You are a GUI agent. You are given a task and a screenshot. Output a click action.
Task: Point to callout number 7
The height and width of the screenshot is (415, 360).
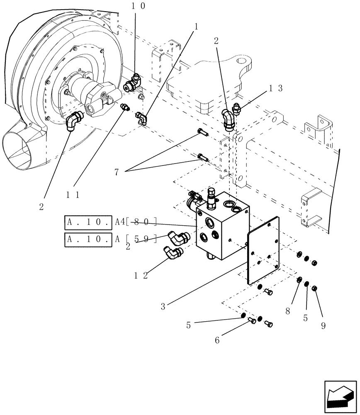(x=117, y=171)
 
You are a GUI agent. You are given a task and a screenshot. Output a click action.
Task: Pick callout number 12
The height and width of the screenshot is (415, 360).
(x=141, y=276)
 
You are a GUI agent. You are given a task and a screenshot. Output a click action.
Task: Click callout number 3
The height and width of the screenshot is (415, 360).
(x=163, y=307)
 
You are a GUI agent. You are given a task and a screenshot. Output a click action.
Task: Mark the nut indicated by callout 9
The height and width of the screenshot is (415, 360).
(x=314, y=288)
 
